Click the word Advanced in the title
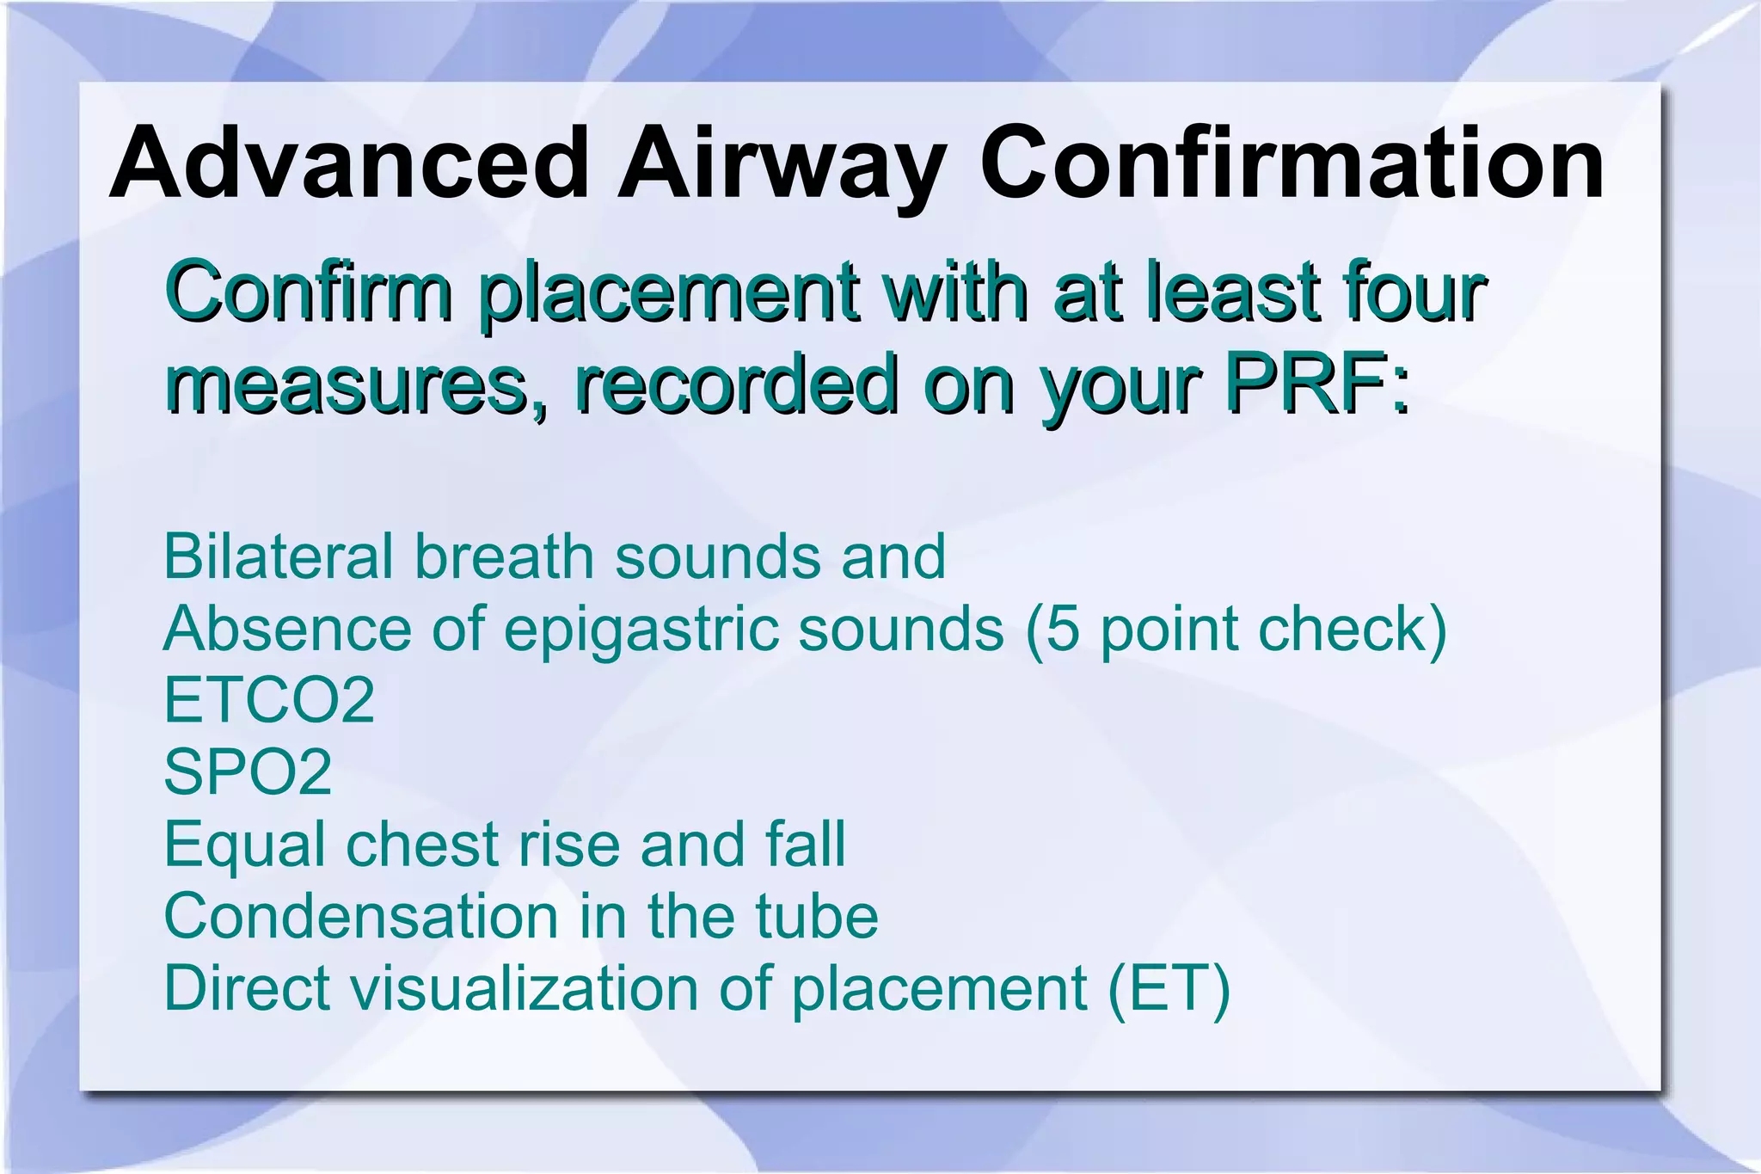point(348,163)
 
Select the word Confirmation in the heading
point(1291,163)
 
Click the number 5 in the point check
point(1063,629)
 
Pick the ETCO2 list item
point(269,700)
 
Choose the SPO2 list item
point(248,771)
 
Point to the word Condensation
point(361,916)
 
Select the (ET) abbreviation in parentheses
point(1169,989)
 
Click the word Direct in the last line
point(247,988)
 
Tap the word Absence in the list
point(287,629)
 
